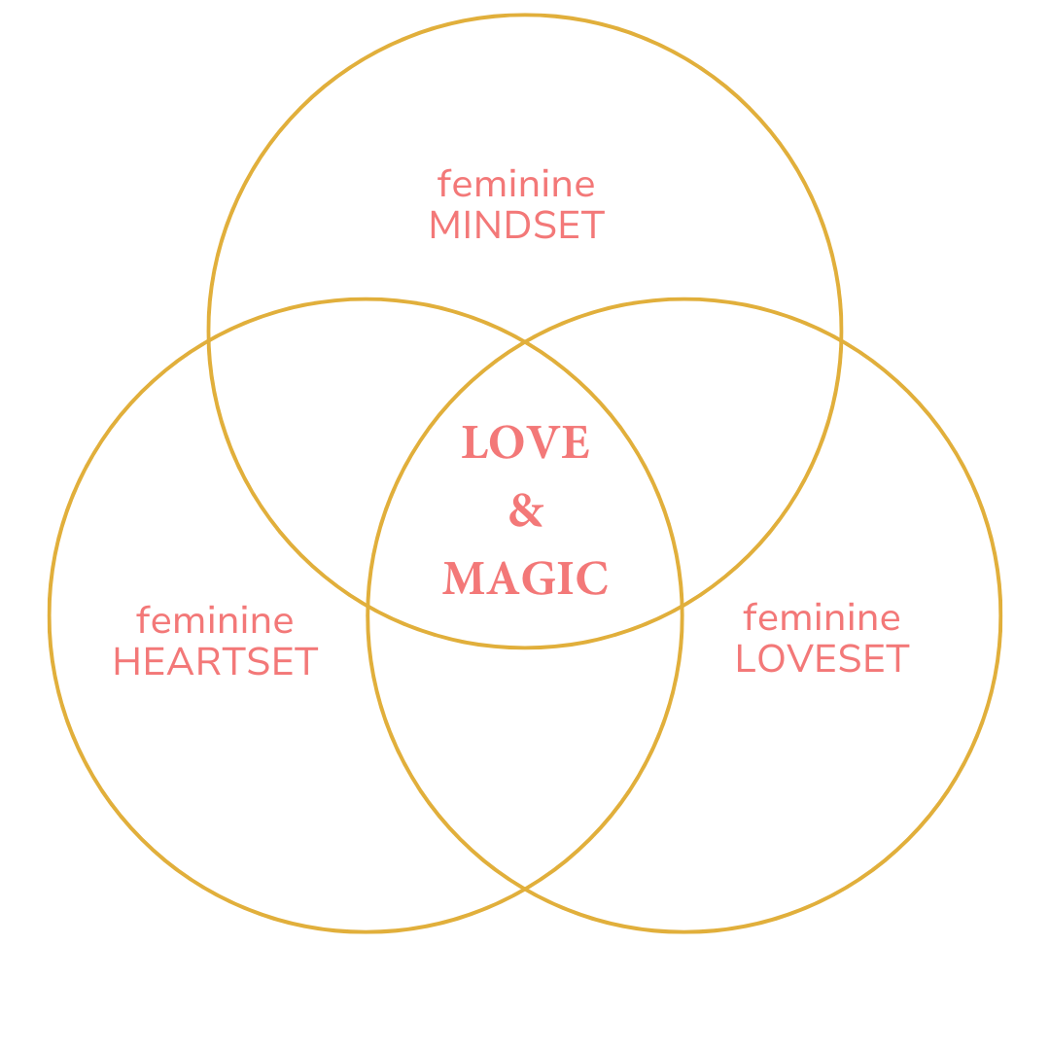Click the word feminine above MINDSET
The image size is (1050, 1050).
[515, 184]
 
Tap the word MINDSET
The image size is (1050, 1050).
[516, 226]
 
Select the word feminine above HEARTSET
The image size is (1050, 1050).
[215, 620]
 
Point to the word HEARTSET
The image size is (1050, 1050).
[215, 662]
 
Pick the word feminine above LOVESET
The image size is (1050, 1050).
[822, 617]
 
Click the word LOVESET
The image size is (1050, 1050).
[822, 659]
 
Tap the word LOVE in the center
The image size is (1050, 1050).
[525, 443]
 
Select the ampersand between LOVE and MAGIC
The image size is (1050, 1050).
[525, 510]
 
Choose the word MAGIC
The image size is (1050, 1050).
[525, 578]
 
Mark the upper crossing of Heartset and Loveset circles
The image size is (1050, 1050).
[525, 342]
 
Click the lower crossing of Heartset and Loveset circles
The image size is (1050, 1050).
[525, 889]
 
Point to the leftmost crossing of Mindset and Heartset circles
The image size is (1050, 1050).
[209, 340]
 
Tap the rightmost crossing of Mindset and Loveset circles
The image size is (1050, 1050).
[841, 340]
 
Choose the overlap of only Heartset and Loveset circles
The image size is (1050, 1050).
[525, 739]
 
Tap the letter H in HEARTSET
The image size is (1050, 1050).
[125, 662]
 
